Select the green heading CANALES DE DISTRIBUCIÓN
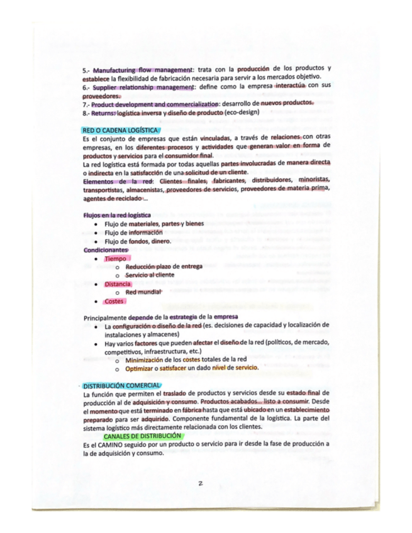(x=143, y=435)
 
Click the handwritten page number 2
(x=198, y=483)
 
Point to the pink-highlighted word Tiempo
(x=115, y=258)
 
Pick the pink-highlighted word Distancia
(x=118, y=284)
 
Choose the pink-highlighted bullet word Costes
(x=114, y=301)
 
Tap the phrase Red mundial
(x=143, y=292)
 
